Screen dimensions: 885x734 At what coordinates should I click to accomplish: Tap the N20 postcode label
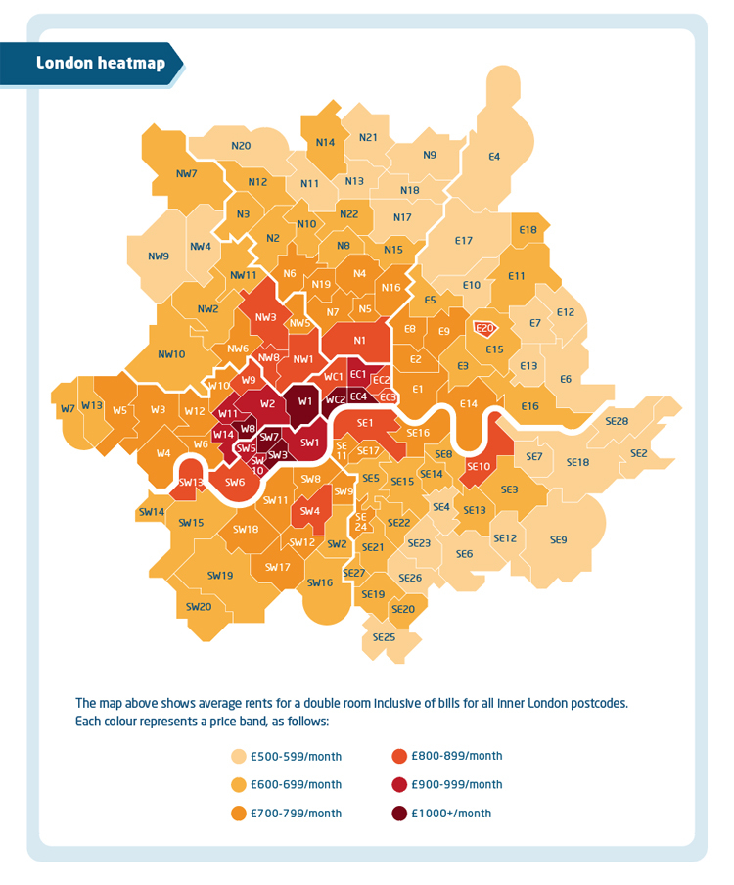tap(241, 146)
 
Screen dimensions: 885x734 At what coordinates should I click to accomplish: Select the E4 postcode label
tap(494, 157)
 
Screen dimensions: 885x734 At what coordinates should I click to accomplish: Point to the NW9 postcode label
tap(159, 256)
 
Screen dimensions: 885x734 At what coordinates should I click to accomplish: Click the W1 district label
tap(305, 400)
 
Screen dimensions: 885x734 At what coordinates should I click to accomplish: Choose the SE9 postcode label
tap(558, 539)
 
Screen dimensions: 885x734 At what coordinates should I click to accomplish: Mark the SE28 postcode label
tap(617, 421)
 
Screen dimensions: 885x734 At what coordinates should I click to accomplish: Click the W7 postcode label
tap(68, 408)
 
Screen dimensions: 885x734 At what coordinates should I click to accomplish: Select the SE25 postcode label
tap(384, 637)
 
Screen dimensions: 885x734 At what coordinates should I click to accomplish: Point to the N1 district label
tap(359, 340)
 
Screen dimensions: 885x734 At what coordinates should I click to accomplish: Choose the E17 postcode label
tap(464, 241)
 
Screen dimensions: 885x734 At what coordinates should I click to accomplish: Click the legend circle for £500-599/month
tap(238, 756)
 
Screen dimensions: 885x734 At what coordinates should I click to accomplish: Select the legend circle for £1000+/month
tap(399, 813)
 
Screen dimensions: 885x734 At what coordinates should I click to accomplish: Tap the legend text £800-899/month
tap(457, 756)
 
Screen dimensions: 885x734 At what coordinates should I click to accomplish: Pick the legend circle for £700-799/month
tap(238, 813)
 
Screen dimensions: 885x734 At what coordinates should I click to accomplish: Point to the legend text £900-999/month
tap(457, 784)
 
